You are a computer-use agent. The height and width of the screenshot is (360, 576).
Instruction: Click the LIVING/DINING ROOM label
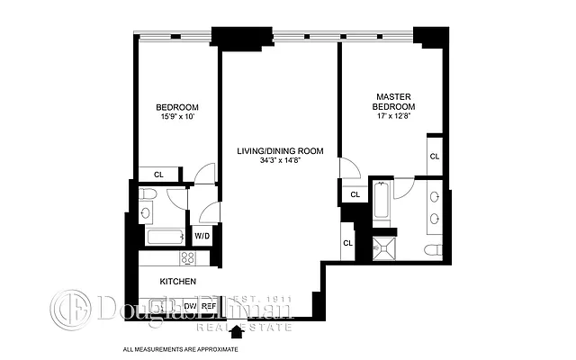(280, 150)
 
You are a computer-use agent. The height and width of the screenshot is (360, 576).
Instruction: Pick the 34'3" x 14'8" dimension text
(280, 161)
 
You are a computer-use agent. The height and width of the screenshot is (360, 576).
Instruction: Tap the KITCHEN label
(177, 282)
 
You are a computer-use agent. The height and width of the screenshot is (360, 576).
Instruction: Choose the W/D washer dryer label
(202, 237)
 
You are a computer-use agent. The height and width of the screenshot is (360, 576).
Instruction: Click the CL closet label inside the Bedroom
(158, 175)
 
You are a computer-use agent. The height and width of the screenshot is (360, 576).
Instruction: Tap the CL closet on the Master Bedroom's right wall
(434, 157)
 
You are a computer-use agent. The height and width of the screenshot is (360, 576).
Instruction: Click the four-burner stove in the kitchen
(188, 258)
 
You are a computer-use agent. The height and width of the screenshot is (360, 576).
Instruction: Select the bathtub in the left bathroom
(164, 238)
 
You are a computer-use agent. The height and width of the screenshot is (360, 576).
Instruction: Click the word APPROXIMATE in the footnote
(216, 348)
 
